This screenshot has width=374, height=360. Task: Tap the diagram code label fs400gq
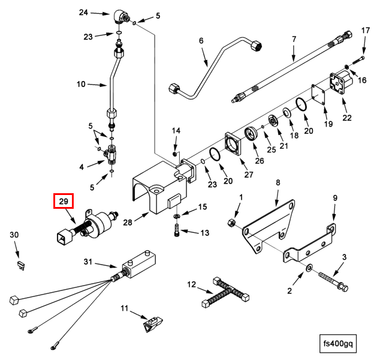(x=339, y=344)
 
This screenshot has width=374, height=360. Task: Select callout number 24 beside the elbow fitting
(x=83, y=13)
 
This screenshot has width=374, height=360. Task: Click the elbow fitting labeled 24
(x=120, y=16)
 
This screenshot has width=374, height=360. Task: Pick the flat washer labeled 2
(x=309, y=266)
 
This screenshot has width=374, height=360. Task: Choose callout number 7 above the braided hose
(x=294, y=40)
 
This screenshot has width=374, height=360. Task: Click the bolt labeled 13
(x=177, y=230)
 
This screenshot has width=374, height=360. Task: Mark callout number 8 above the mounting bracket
(x=278, y=182)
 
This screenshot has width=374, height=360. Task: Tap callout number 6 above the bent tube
(x=201, y=41)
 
